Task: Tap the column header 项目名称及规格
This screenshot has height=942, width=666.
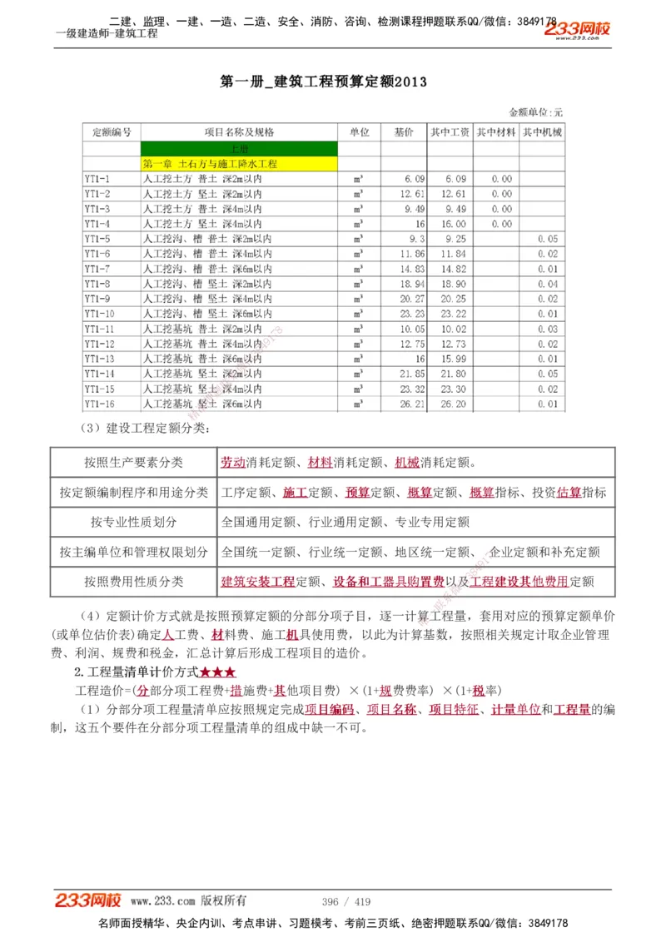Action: [x=239, y=132]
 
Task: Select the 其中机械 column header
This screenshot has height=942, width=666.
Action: [x=542, y=132]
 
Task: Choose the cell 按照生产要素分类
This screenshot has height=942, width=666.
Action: [x=133, y=463]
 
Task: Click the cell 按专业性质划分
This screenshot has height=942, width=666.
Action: [x=133, y=522]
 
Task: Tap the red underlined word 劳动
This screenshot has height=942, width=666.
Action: [x=233, y=463]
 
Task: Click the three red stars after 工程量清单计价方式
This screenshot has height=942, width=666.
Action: [x=218, y=672]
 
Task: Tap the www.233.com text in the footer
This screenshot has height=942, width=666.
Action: [x=162, y=901]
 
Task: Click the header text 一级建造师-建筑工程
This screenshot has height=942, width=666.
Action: [x=107, y=33]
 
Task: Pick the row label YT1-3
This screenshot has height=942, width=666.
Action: [x=97, y=209]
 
